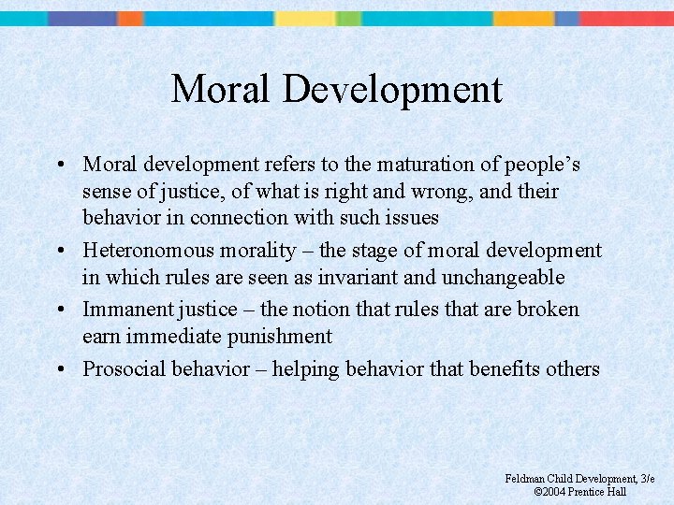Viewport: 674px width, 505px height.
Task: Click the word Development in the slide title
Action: click(x=392, y=90)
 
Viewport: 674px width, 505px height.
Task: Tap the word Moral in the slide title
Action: click(x=222, y=90)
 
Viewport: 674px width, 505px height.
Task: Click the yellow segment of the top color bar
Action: click(x=304, y=18)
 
